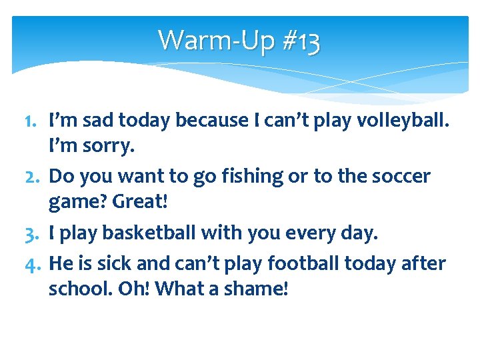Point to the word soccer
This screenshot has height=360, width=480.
click(x=397, y=177)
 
